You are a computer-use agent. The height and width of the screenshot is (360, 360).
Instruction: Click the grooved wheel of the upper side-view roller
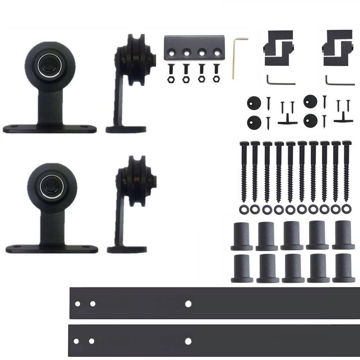[135, 59]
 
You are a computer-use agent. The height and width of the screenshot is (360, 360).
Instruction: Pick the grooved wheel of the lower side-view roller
[136, 180]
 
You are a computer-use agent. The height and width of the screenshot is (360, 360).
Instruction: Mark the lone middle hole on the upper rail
[188, 303]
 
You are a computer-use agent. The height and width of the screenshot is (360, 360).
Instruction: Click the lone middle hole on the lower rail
[188, 341]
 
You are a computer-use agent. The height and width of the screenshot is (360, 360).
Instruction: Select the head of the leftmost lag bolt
[243, 144]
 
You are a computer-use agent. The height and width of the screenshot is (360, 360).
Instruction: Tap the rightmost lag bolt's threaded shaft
[346, 173]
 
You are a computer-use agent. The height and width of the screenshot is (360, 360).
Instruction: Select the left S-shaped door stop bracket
[279, 48]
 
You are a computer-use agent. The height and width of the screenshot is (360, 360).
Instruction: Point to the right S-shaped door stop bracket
[337, 48]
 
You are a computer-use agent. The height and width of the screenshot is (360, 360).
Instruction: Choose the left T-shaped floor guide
[287, 119]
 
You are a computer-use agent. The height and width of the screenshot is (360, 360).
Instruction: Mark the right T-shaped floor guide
[343, 118]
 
